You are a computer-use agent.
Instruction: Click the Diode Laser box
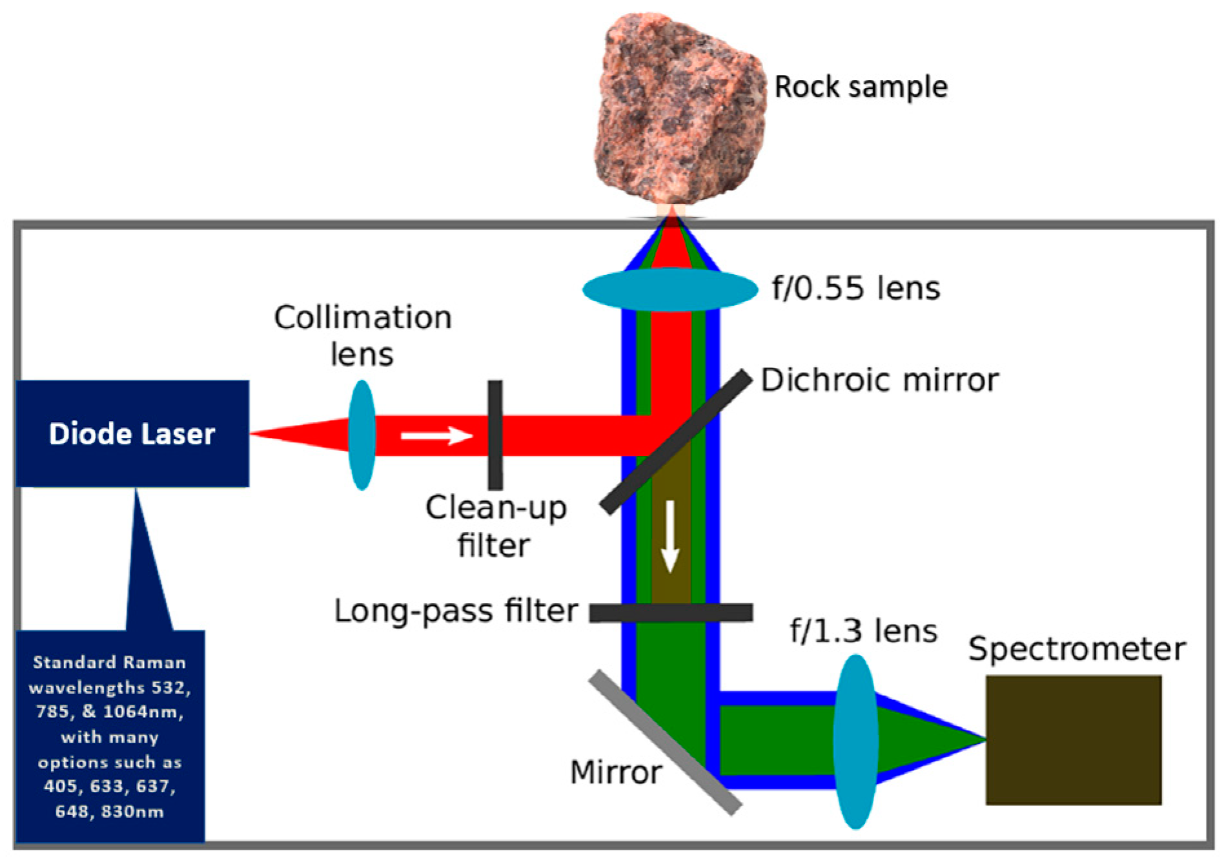[x=132, y=433]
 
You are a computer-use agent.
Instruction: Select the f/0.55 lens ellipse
[x=669, y=289]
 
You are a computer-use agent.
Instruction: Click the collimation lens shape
[x=362, y=435]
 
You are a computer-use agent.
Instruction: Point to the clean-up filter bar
[x=495, y=435]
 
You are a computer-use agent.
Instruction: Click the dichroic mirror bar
[x=675, y=442]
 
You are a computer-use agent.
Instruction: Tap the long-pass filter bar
[x=671, y=612]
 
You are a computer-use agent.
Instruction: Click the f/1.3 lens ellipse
[x=855, y=741]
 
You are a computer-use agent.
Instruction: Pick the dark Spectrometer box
[x=1073, y=740]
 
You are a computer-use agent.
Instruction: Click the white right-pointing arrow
[x=436, y=435]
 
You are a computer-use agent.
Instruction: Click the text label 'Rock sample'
[x=861, y=87]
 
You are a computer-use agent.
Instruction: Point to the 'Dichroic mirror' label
[x=880, y=380]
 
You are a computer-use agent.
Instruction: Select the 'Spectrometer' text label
[x=1076, y=649]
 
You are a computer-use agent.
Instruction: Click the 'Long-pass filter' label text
[x=455, y=611]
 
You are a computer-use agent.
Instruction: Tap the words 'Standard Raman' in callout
[x=109, y=663]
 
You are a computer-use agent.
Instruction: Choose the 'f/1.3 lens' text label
[x=863, y=630]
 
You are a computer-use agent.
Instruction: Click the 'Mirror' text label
[x=616, y=772]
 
